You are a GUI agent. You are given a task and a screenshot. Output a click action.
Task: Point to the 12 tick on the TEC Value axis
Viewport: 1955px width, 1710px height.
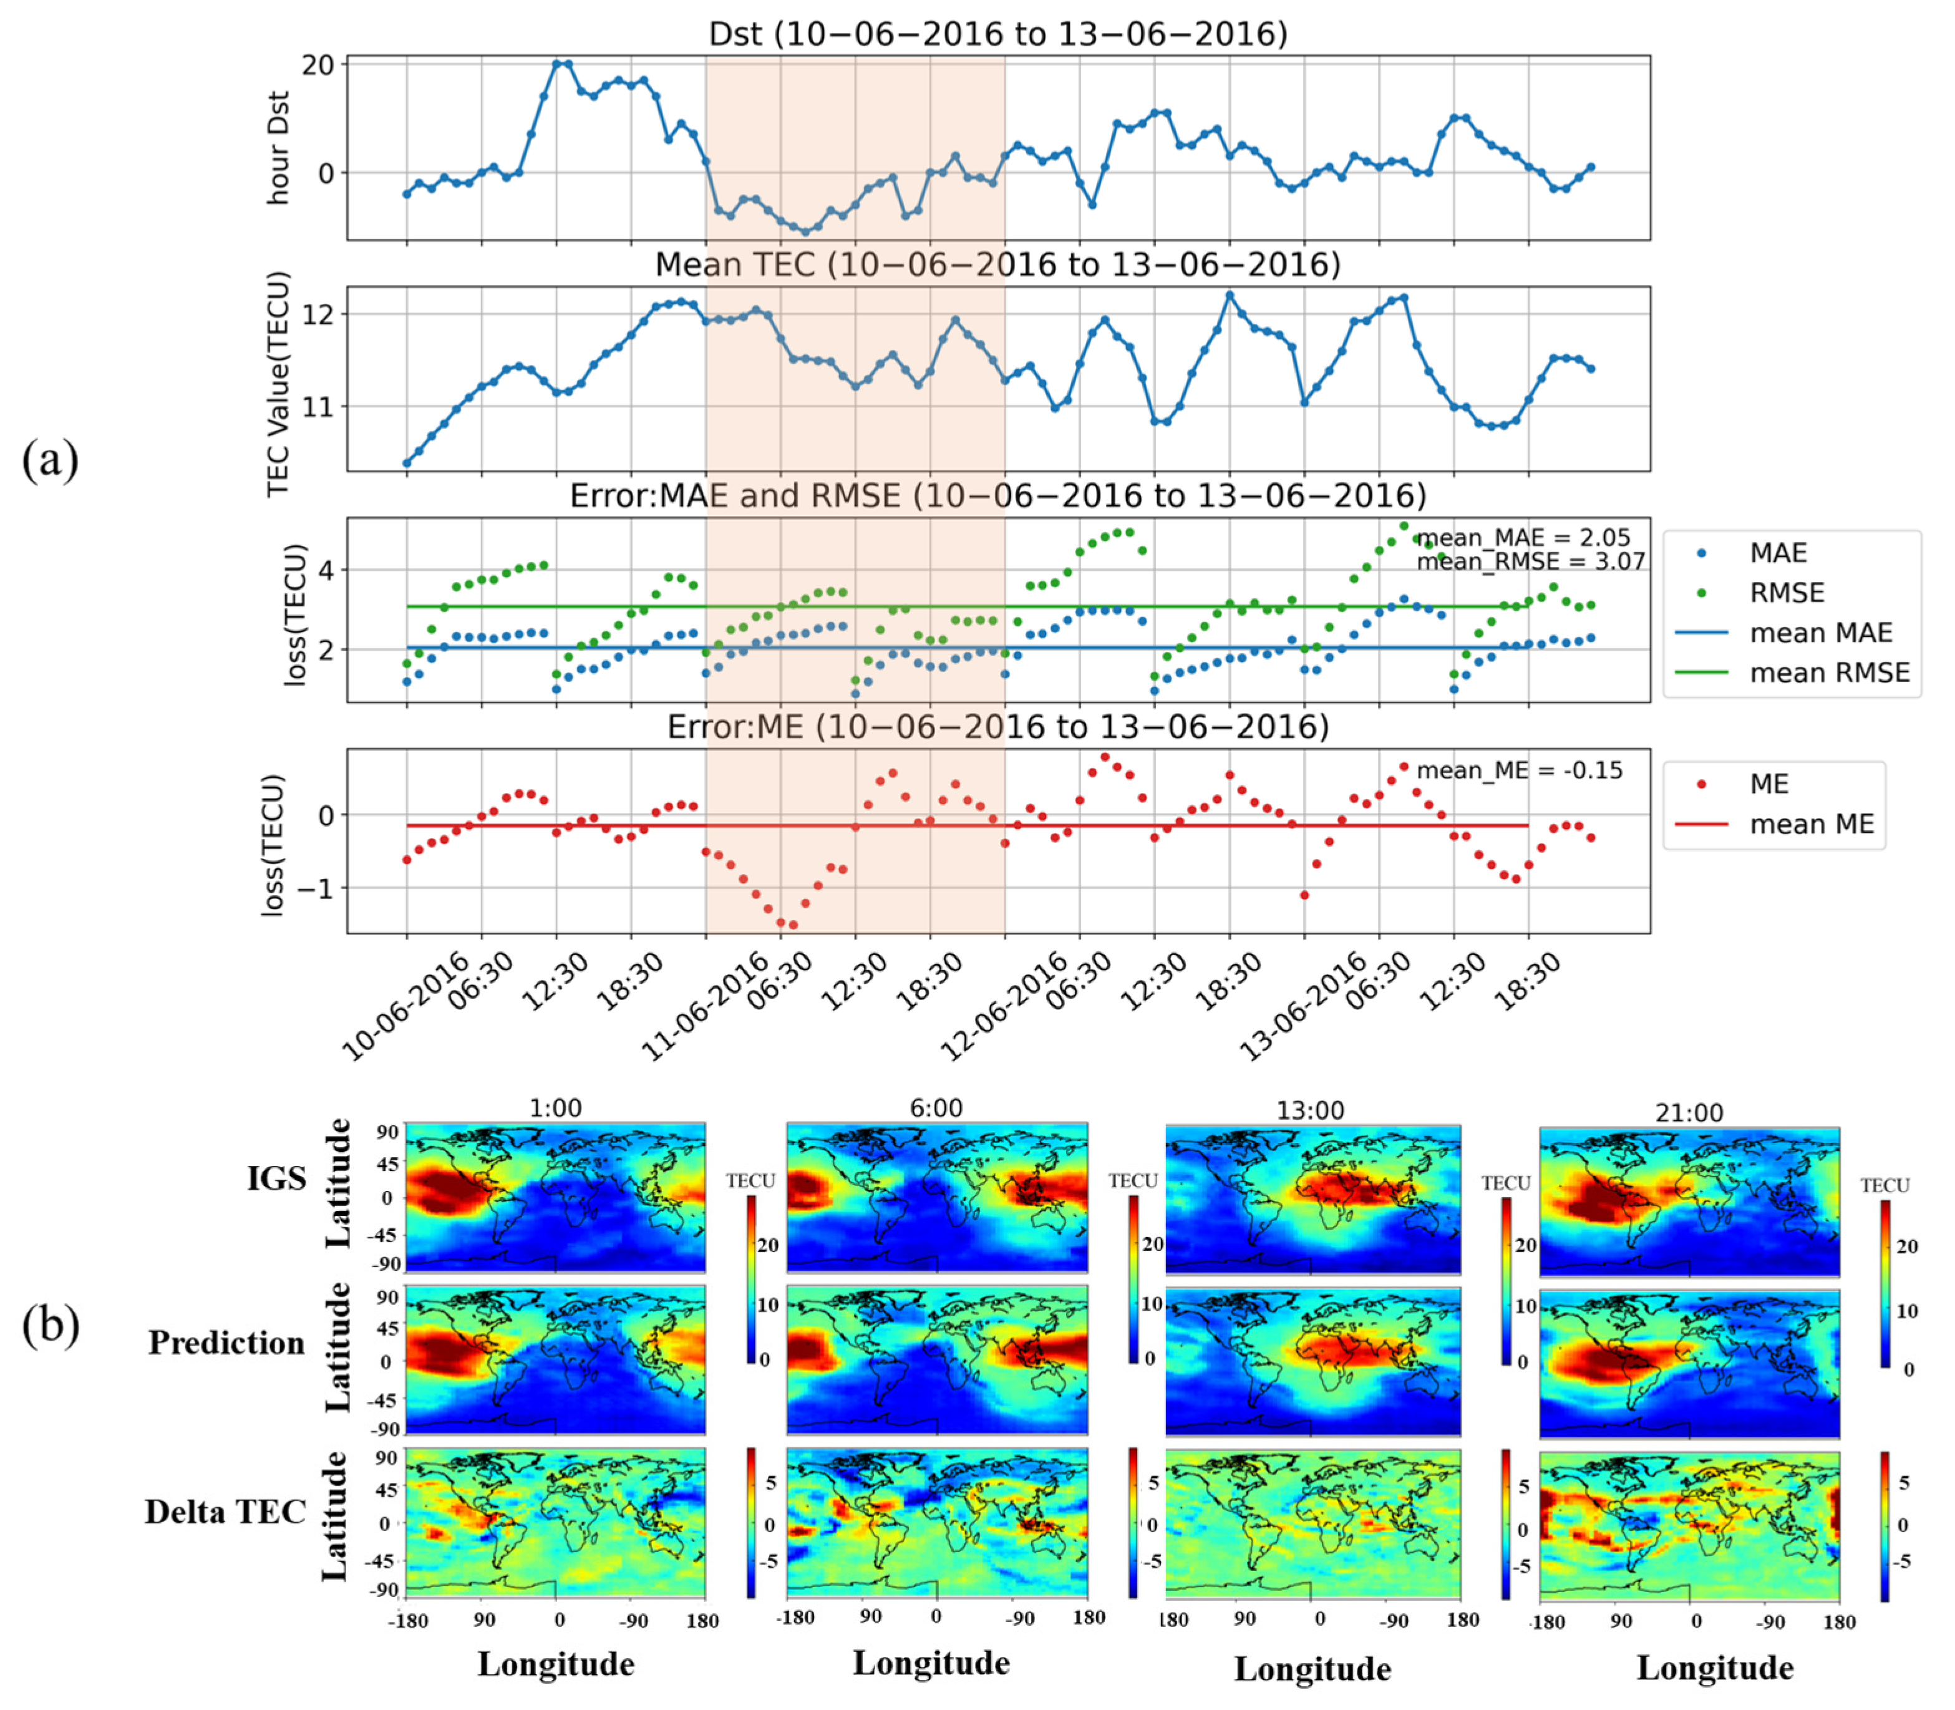click(319, 315)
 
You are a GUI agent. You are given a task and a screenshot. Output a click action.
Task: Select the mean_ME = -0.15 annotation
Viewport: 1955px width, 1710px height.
click(1519, 770)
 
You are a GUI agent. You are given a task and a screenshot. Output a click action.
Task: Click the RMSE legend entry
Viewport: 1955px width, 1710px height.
click(1786, 593)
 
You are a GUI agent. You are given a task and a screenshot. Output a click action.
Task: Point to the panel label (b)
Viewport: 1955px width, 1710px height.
click(50, 1324)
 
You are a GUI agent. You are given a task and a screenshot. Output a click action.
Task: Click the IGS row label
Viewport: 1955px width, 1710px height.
click(277, 1178)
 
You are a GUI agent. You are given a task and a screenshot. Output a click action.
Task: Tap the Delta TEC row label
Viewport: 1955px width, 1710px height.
click(225, 1512)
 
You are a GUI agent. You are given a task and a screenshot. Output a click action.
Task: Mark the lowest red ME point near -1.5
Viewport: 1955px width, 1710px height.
click(793, 925)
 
